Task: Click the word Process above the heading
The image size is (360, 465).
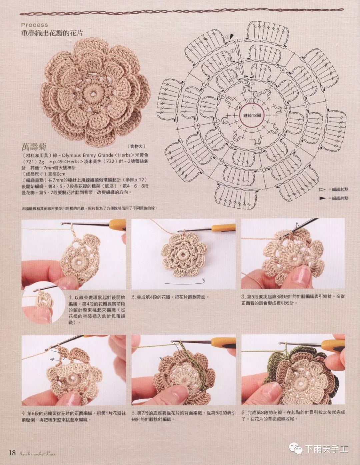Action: (34, 25)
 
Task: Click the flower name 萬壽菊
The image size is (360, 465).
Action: (34, 147)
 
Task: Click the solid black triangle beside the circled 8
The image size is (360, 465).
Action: (232, 37)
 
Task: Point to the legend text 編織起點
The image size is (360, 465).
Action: (340, 190)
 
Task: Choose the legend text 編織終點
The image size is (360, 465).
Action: (340, 198)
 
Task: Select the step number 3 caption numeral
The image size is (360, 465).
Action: (243, 296)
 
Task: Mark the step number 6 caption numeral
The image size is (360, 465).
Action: (243, 413)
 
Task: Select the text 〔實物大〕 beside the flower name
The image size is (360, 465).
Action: (136, 147)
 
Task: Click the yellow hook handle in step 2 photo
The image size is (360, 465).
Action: (223, 228)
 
